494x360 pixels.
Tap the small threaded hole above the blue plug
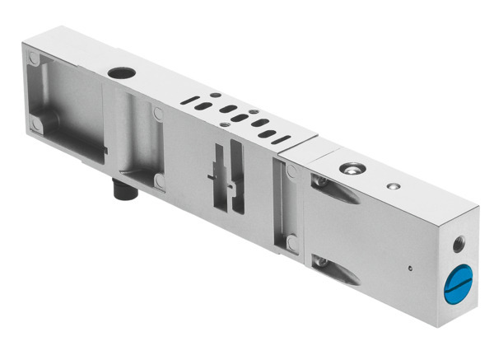tap(459, 244)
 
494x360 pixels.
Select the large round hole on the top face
tap(121, 72)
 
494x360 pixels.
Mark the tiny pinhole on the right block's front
tap(409, 267)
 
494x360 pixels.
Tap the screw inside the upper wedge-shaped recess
tap(322, 181)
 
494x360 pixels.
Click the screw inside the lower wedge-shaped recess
tap(322, 262)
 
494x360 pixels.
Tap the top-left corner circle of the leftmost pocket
tap(33, 59)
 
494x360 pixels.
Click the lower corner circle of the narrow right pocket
tap(291, 243)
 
